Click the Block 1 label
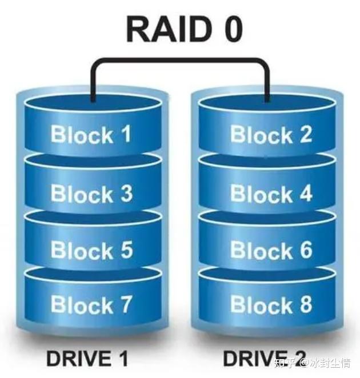click(91, 135)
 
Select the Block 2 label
click(271, 135)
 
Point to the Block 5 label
click(91, 250)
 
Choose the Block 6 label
click(271, 250)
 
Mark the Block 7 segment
click(91, 304)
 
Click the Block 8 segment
click(271, 304)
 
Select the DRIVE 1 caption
click(87, 359)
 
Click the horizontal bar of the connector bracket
click(180, 59)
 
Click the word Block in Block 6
click(260, 250)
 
